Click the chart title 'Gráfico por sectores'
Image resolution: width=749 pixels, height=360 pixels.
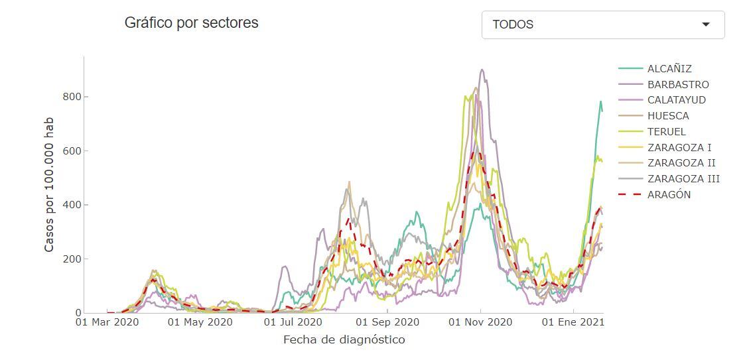coord(191,23)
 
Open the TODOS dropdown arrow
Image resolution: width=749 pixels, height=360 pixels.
coord(706,25)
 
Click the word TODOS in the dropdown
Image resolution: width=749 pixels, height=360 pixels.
coord(513,25)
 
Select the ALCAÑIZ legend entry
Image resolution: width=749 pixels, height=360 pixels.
coord(669,69)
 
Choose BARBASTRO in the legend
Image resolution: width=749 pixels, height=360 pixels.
coord(677,85)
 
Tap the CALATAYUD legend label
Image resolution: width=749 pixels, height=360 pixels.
coord(676,100)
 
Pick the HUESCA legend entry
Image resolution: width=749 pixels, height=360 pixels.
coord(667,116)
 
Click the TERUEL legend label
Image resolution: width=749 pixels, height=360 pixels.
coord(666,132)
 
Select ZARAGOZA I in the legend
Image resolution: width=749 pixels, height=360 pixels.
coord(679,148)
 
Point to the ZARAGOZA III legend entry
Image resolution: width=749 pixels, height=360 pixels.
coord(683,179)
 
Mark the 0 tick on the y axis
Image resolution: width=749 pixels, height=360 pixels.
coord(78,313)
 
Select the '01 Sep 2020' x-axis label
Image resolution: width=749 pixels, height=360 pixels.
coord(387,323)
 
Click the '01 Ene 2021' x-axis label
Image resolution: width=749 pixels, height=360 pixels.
coord(573,323)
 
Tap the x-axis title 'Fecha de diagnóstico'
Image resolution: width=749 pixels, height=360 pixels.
coord(344,340)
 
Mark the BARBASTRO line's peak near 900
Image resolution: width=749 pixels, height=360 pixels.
coord(482,70)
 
